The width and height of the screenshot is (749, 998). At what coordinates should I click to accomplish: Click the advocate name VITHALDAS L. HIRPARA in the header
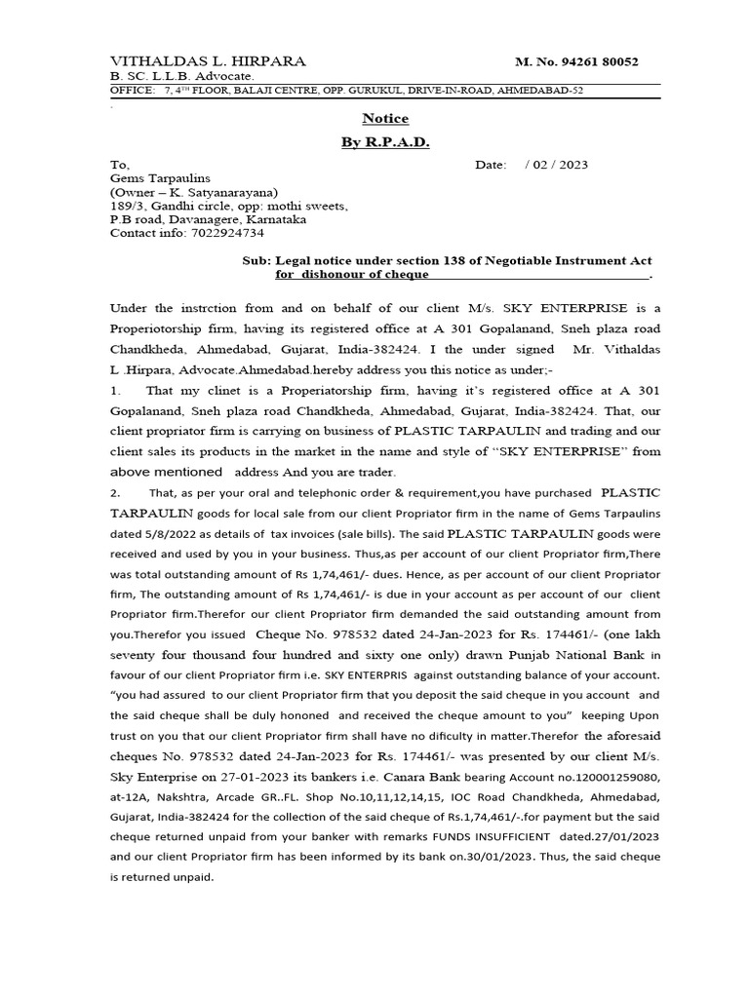208,61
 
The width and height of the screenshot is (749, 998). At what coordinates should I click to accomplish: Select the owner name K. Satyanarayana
222,192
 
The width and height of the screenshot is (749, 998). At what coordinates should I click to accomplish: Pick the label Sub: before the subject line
256,261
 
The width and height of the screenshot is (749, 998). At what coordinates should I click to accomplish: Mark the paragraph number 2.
114,493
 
